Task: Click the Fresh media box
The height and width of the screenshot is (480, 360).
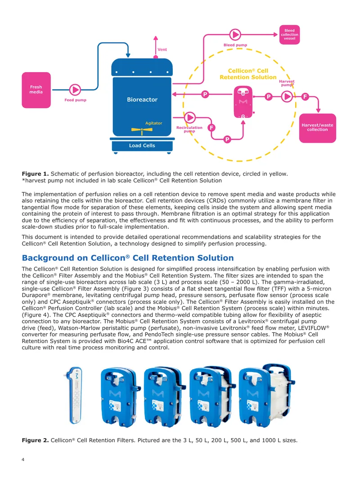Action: pos(36,90)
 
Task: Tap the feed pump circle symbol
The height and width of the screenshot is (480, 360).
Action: pos(75,90)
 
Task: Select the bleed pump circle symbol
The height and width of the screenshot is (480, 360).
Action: pos(235,35)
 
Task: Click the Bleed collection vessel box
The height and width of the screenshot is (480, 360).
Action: pos(289,35)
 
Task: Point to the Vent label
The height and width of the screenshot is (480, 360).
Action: pos(162,50)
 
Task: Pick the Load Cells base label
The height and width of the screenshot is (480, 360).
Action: pos(142,146)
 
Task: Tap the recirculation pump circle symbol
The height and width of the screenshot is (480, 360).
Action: pos(189,117)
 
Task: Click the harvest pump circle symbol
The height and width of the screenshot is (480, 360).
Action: pos(287,97)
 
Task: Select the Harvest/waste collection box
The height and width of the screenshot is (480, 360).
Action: pos(318,128)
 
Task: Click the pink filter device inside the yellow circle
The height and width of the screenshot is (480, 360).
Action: pos(243,102)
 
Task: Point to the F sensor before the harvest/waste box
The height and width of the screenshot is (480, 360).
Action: pos(305,97)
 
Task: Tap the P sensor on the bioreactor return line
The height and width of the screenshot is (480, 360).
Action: pos(205,94)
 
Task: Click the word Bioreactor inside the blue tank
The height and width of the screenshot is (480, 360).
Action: pos(142,100)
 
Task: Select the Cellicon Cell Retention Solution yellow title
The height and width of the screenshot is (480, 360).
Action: pos(248,74)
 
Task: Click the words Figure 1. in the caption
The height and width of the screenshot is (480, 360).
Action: pos(35,174)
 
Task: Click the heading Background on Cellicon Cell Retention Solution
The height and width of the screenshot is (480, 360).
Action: pos(128,258)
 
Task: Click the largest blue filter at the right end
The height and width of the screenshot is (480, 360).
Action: pos(267,395)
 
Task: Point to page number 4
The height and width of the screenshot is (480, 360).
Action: pos(23,459)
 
